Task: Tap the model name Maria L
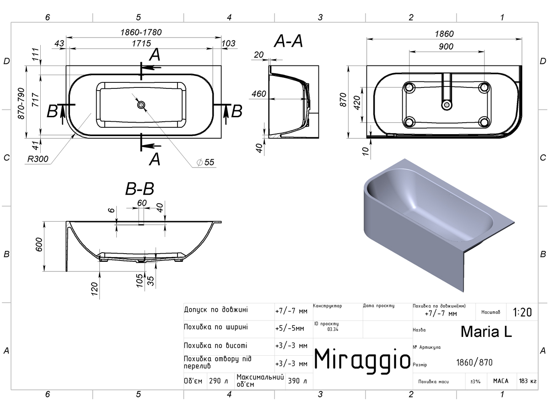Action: click(x=486, y=332)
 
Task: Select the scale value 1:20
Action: click(x=522, y=312)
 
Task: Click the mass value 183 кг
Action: click(x=527, y=381)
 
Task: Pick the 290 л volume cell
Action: click(x=218, y=381)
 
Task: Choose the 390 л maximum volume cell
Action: click(x=297, y=381)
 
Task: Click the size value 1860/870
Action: click(x=474, y=362)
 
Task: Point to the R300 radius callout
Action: click(x=38, y=159)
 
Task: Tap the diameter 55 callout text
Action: click(x=205, y=163)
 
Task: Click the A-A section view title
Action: click(x=288, y=41)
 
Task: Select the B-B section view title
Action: click(x=140, y=189)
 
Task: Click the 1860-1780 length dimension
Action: click(x=141, y=32)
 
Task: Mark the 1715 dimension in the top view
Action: click(x=141, y=43)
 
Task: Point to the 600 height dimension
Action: click(x=39, y=244)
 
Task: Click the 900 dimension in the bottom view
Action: click(x=446, y=46)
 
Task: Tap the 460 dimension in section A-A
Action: click(x=259, y=94)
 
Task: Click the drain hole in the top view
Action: click(x=141, y=105)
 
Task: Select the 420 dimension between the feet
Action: click(x=357, y=103)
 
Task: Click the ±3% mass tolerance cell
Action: click(x=475, y=381)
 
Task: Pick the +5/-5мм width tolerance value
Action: click(x=290, y=328)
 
